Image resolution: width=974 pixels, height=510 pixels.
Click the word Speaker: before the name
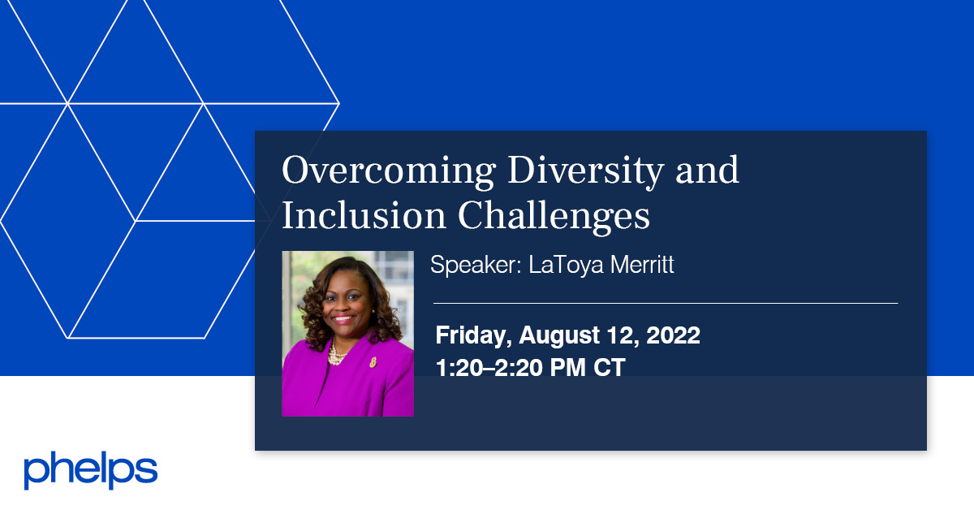[x=476, y=266]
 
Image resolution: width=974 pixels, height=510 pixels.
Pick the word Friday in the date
[x=472, y=335]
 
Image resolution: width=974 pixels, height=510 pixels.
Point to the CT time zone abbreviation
[x=609, y=367]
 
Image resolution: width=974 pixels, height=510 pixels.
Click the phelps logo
[x=90, y=471]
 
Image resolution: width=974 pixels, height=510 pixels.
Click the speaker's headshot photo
[x=347, y=333]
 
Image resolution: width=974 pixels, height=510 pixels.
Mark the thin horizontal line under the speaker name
[x=666, y=303]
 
